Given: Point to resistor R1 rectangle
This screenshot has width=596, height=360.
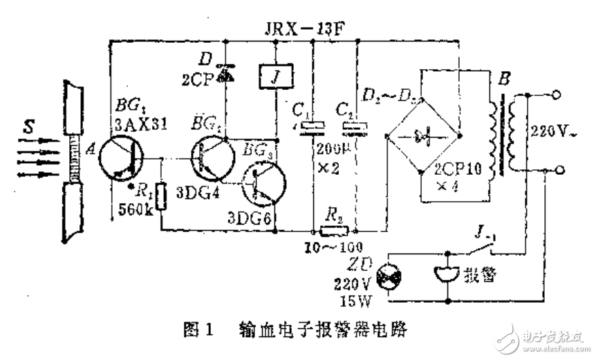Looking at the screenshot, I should point(162,196).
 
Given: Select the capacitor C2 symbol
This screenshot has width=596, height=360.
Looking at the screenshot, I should point(356,126).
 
